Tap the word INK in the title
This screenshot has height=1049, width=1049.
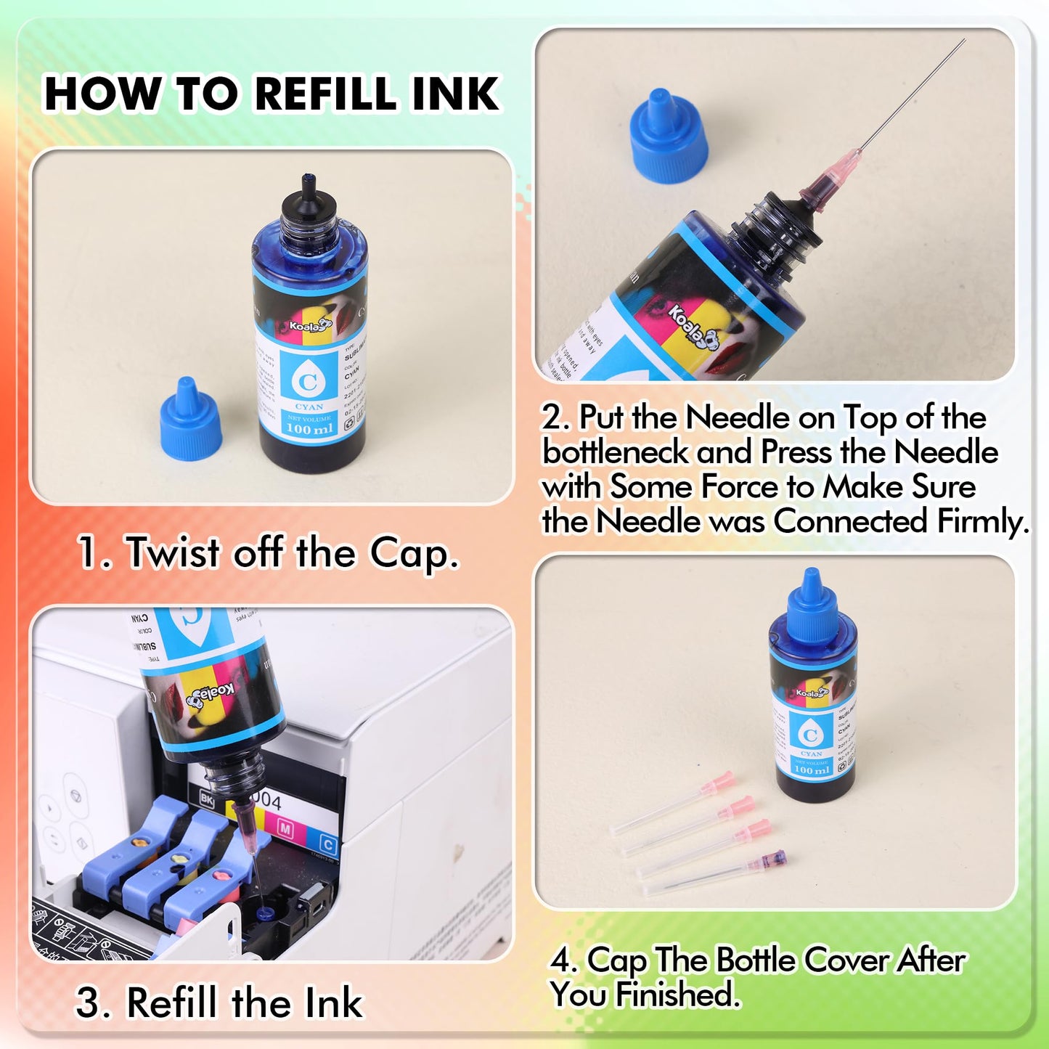(455, 94)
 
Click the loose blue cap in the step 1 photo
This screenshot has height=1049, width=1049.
(190, 421)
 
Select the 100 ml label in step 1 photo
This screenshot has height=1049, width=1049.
(309, 428)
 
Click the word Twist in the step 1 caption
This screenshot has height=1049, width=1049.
(173, 553)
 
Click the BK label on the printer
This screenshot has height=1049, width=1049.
(207, 799)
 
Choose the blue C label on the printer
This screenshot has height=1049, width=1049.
(327, 844)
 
